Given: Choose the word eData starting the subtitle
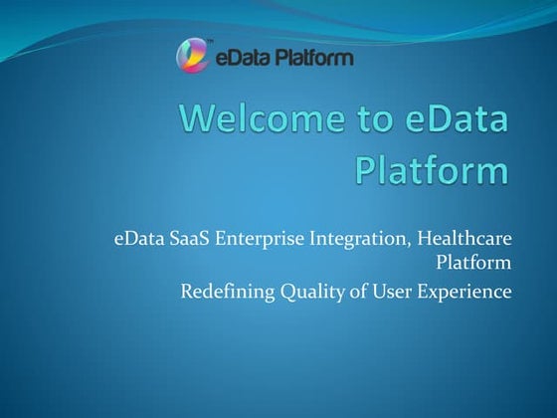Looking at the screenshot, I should point(135,240).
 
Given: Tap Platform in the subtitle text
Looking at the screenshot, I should point(474,264).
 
